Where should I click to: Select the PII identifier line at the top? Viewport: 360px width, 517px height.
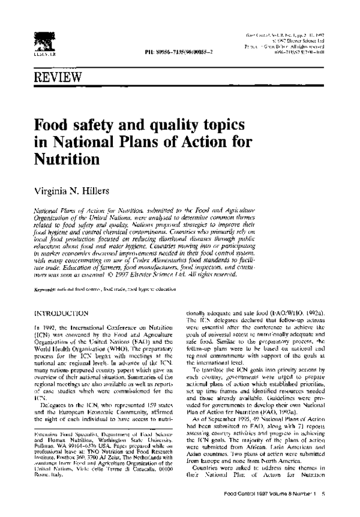(x=179, y=53)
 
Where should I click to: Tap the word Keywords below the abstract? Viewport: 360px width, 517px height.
(x=47, y=289)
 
